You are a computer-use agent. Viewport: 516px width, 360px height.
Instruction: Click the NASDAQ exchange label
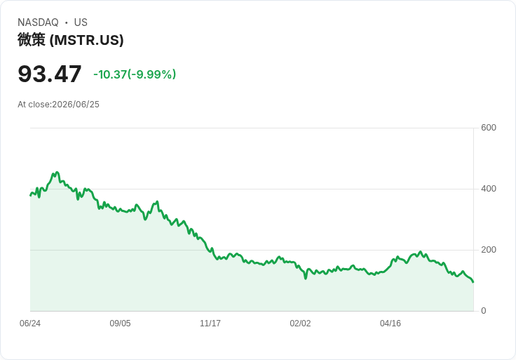(x=38, y=22)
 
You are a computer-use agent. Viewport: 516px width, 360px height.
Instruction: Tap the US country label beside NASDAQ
(x=81, y=22)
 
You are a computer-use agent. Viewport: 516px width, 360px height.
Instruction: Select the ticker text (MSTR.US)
(x=86, y=40)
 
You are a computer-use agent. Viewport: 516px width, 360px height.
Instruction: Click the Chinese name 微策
(x=32, y=40)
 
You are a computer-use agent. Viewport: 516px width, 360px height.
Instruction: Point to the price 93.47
(x=49, y=74)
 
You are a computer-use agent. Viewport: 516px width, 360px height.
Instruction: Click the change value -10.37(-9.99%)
(x=135, y=74)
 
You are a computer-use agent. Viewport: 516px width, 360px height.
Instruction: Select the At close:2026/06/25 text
(x=58, y=105)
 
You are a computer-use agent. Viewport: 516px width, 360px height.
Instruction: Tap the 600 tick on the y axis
(x=489, y=128)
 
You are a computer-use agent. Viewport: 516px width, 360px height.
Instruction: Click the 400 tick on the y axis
(x=489, y=189)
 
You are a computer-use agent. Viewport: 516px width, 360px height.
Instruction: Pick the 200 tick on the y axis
(x=489, y=250)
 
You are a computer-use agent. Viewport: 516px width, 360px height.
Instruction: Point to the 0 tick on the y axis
(x=484, y=311)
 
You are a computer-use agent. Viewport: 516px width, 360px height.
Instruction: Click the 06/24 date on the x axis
(x=30, y=324)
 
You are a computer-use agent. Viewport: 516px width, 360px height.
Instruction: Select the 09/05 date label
(x=120, y=324)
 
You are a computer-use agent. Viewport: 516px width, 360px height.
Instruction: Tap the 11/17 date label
(x=210, y=324)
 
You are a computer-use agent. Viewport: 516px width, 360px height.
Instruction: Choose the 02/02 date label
(x=300, y=324)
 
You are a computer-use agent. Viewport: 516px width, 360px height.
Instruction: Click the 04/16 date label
(x=391, y=324)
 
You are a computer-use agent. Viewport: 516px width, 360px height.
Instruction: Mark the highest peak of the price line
(x=57, y=172)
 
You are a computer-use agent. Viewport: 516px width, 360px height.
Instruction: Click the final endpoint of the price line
(x=473, y=282)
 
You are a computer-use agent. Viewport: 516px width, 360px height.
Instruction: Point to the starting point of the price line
(x=31, y=195)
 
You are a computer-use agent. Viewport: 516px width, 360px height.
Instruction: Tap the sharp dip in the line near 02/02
(x=306, y=279)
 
